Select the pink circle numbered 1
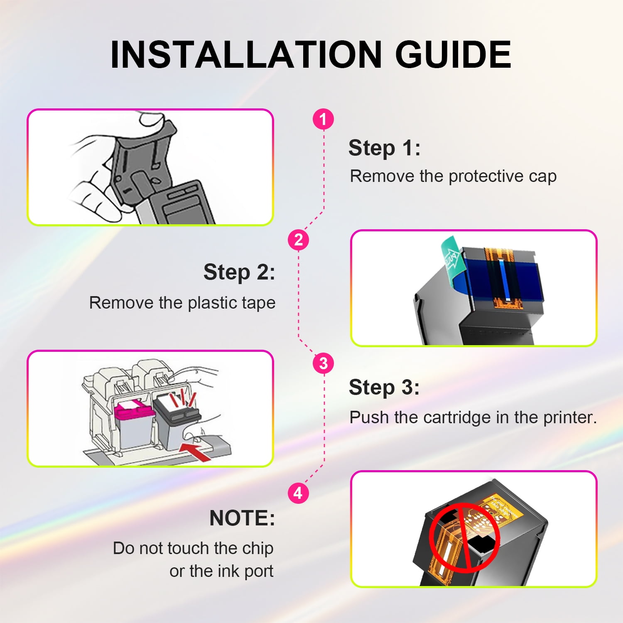[323, 119]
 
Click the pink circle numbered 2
[298, 240]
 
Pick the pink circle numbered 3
[323, 363]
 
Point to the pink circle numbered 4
[298, 493]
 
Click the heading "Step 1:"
[384, 148]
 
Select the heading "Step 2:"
[239, 272]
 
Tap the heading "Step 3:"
[384, 387]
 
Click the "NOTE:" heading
[242, 518]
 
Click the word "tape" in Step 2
[259, 303]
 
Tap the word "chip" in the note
[258, 548]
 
